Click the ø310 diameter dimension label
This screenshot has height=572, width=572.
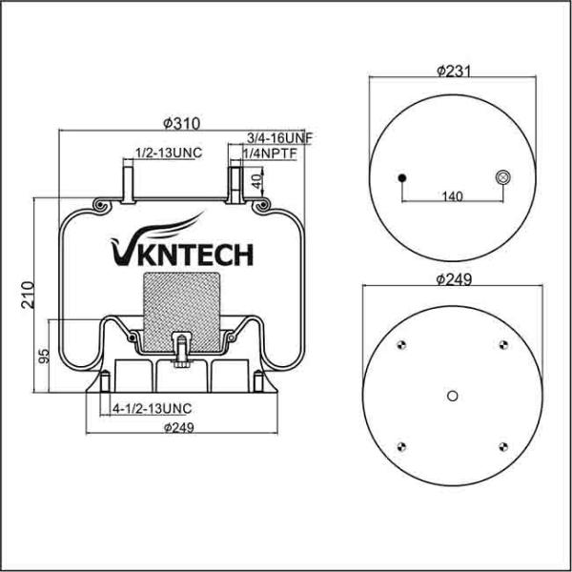click(180, 123)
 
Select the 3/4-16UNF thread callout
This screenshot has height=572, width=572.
click(279, 138)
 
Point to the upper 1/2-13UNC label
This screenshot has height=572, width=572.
click(167, 153)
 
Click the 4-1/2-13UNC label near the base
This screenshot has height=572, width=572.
click(152, 408)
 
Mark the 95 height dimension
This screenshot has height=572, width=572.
click(44, 357)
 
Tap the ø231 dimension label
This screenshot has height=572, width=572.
click(455, 71)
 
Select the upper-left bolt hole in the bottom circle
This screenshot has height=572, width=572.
click(403, 346)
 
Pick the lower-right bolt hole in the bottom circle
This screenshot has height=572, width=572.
click(503, 444)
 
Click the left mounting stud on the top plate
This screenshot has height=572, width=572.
click(127, 178)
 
